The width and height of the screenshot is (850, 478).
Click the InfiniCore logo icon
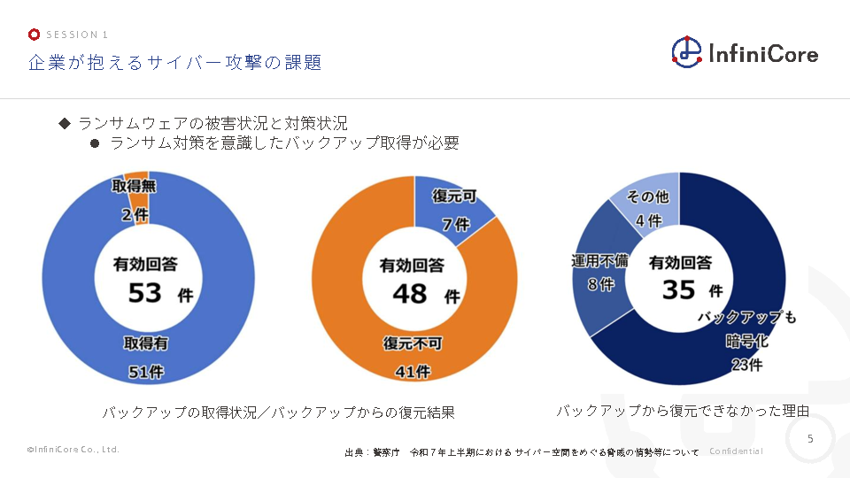click(686, 52)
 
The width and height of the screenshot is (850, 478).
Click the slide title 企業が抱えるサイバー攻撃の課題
click(174, 63)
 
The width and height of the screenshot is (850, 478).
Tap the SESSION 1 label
click(76, 35)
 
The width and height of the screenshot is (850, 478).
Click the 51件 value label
click(146, 372)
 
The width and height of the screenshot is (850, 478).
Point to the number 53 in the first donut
click(143, 292)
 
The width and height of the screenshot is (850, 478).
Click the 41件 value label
click(412, 372)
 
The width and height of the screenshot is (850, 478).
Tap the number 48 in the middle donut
click(409, 293)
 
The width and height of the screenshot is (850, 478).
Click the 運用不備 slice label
click(599, 262)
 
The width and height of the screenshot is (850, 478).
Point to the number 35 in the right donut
click(680, 289)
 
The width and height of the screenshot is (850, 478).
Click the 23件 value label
click(746, 364)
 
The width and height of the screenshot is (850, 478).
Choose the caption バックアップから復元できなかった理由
click(682, 411)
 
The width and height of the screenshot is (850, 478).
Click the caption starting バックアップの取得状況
click(278, 412)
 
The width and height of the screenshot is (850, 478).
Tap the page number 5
click(811, 439)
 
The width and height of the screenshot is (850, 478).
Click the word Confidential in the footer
click(736, 451)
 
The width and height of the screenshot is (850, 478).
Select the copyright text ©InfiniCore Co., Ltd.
click(73, 450)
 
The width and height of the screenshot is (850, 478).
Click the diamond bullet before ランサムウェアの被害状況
click(65, 123)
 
